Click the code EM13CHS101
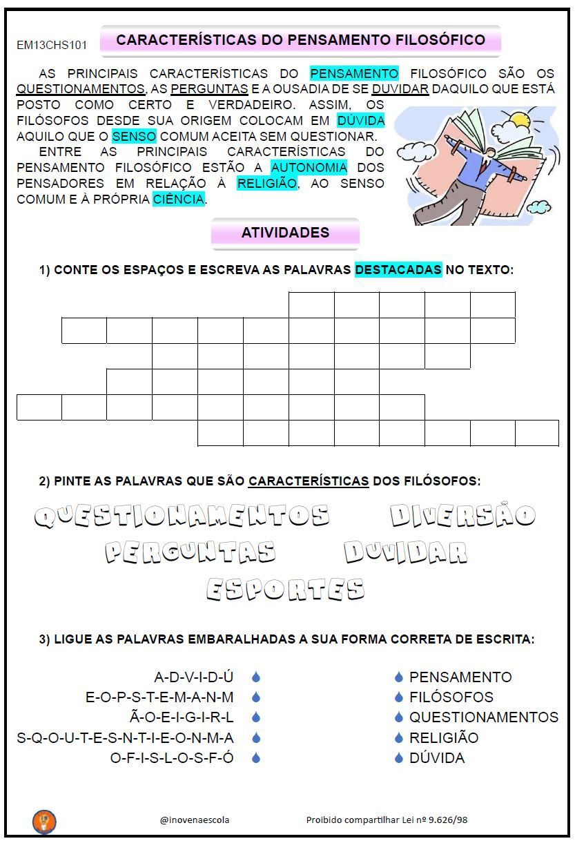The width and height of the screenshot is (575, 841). coord(52,46)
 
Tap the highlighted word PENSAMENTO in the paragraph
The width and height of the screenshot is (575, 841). coord(354,73)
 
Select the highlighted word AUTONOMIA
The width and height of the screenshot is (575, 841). coord(309,167)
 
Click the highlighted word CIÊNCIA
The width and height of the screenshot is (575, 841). coord(179,200)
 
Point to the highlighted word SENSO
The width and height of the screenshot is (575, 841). coord(135,136)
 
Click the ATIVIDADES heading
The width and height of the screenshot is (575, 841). coord(285,233)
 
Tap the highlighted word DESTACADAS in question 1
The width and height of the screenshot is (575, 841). coord(398,269)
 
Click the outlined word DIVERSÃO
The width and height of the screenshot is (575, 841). coord(462,515)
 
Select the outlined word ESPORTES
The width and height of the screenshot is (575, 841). coord(285,589)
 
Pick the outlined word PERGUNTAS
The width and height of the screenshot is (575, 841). coord(191,552)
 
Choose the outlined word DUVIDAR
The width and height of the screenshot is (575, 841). coord(406,552)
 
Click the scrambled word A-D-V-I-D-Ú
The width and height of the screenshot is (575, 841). coord(194,677)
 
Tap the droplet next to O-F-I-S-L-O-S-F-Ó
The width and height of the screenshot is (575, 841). coord(256,758)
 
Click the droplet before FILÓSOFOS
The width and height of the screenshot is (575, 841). coord(398,697)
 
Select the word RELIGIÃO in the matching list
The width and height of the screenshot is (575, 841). coord(444,737)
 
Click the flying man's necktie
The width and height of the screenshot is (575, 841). coord(485,165)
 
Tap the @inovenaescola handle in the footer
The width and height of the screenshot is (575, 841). coord(195,820)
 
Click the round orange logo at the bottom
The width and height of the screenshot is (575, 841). coord(44,821)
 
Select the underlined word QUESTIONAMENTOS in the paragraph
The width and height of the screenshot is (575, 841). coord(81,89)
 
